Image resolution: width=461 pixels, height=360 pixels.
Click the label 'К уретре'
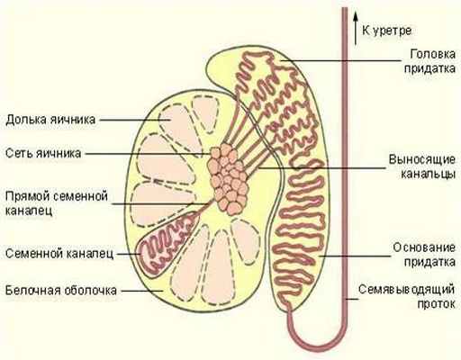point(394,28)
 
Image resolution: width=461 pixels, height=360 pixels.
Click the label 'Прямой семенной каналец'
point(56,202)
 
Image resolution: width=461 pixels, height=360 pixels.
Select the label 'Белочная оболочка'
point(60,291)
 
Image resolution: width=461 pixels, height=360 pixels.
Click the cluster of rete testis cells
point(230,175)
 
